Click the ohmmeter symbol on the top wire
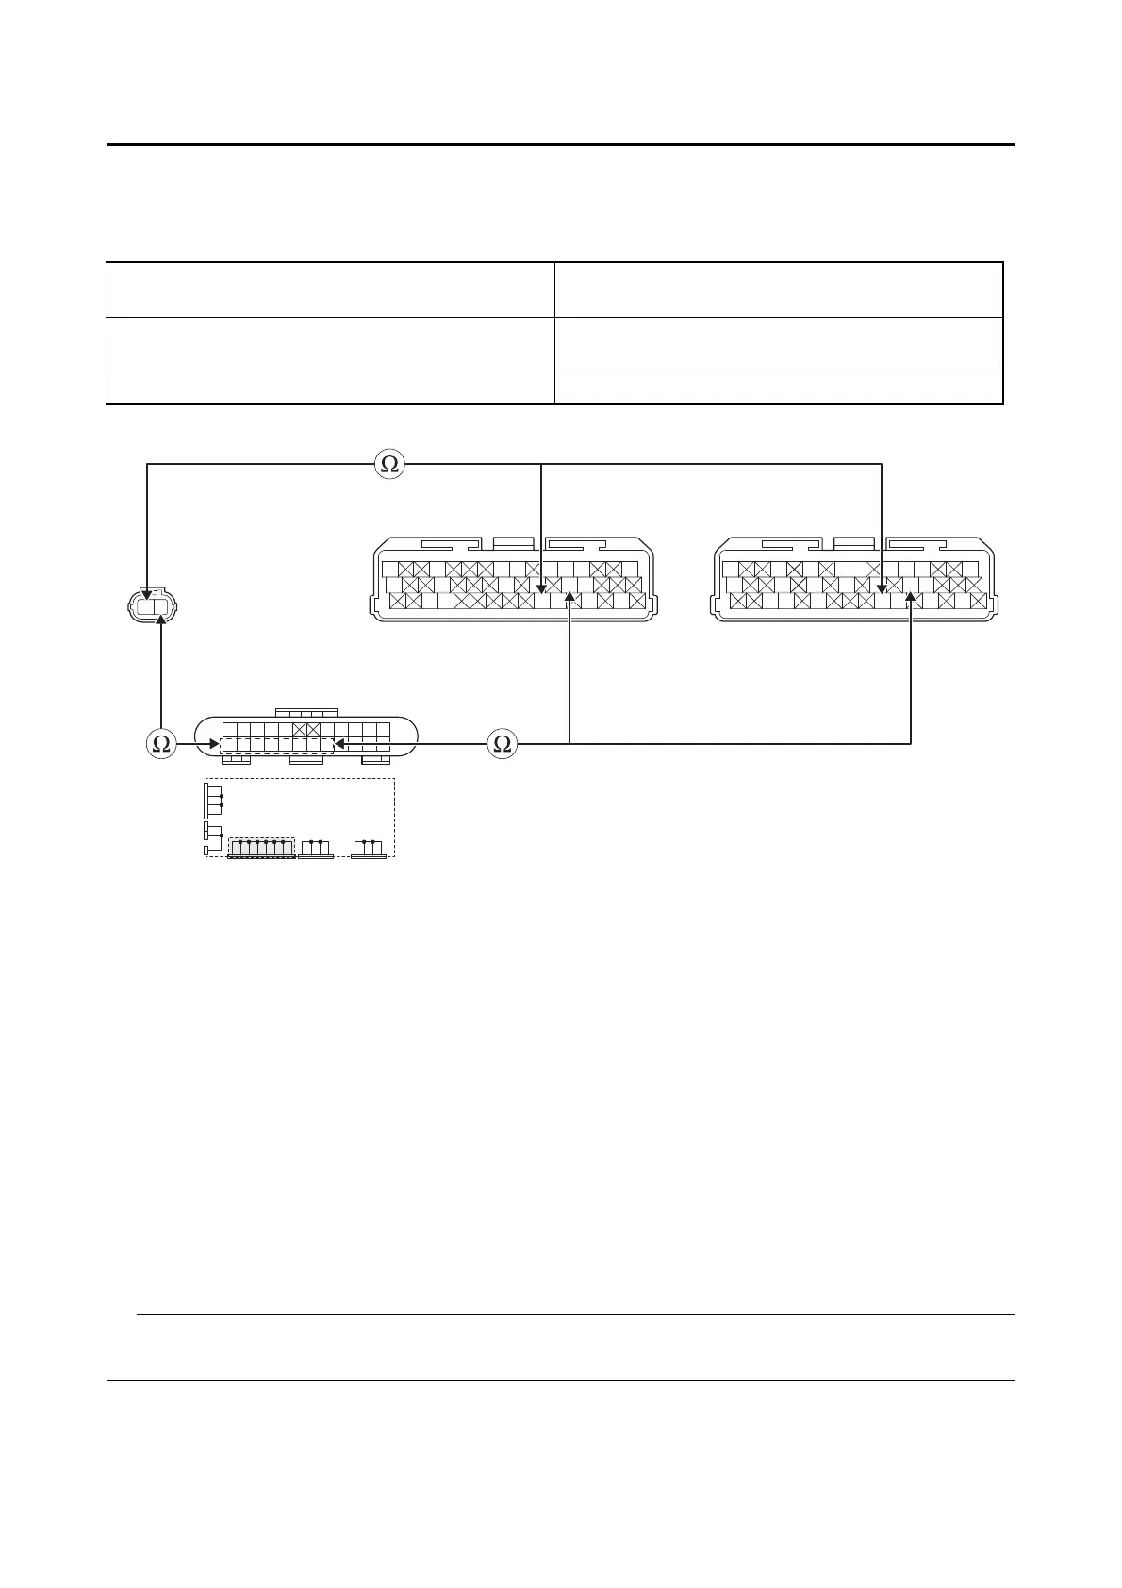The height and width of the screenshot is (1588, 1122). (x=388, y=464)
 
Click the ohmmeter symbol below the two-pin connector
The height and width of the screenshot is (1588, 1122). (x=161, y=744)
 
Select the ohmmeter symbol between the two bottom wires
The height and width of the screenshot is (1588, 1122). (x=503, y=744)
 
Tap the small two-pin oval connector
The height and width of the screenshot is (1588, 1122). (x=153, y=606)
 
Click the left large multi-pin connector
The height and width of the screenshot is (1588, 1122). (x=509, y=579)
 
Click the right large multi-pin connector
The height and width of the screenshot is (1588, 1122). (x=854, y=579)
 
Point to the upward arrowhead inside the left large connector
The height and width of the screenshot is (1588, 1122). (x=569, y=595)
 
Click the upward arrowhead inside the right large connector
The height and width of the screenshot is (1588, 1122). (x=911, y=595)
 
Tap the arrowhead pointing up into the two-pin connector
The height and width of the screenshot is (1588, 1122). (x=162, y=620)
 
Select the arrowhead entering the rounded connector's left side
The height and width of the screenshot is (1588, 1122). (x=214, y=744)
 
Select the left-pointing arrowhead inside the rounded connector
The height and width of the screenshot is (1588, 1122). (x=338, y=744)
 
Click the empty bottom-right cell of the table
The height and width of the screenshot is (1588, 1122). (x=778, y=388)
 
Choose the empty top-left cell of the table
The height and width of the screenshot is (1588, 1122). (x=330, y=289)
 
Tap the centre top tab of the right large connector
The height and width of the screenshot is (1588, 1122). (x=854, y=544)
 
